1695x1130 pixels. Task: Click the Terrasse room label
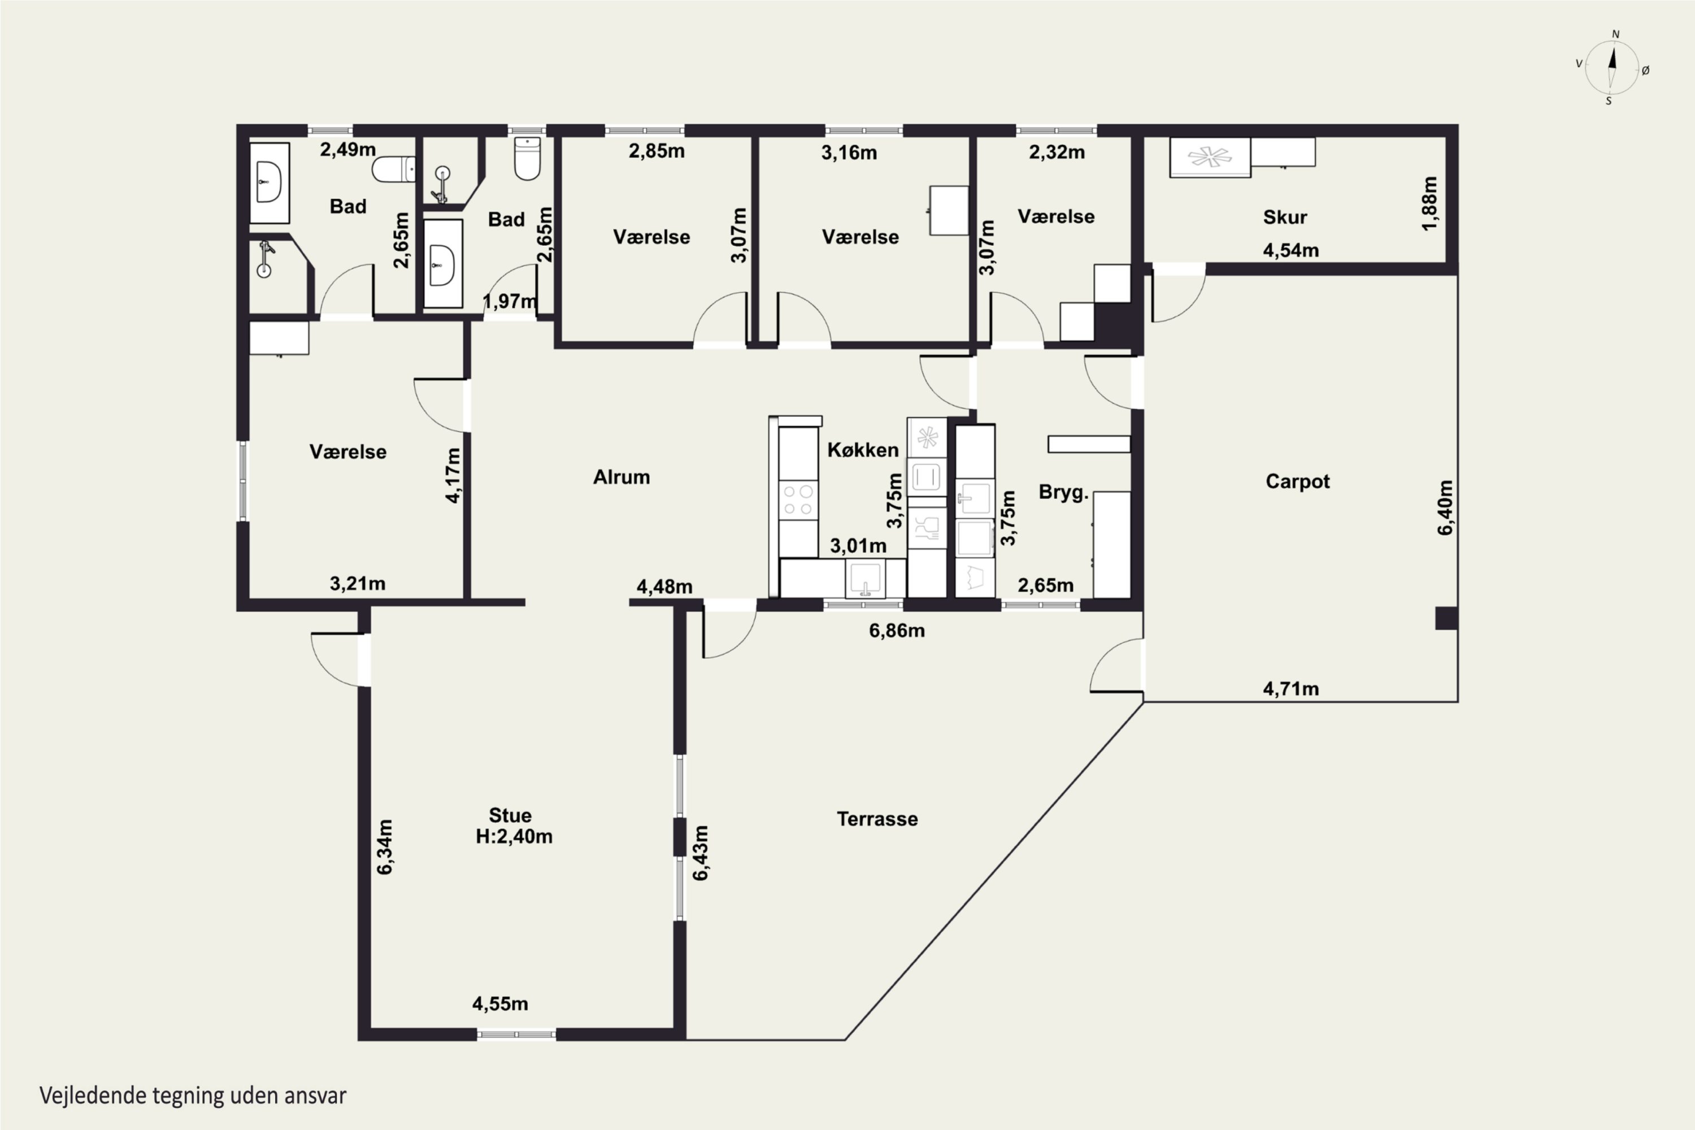click(877, 819)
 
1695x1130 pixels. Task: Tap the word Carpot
click(1297, 481)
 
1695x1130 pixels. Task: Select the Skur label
click(1285, 217)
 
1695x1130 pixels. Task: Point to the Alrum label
click(621, 477)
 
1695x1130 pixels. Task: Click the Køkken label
click(863, 450)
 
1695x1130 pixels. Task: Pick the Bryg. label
click(1063, 493)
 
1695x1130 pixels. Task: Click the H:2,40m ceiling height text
click(514, 837)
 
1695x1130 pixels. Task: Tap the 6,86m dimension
click(897, 631)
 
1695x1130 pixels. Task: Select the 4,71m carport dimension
click(1290, 689)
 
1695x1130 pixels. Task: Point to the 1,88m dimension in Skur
click(1430, 203)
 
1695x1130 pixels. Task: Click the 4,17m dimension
click(453, 476)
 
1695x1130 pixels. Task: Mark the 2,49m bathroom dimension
click(347, 149)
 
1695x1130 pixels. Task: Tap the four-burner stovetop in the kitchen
click(798, 500)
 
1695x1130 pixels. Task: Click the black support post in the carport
click(1446, 618)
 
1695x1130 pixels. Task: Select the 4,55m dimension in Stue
click(500, 1003)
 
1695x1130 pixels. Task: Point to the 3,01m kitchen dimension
click(858, 546)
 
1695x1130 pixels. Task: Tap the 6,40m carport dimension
click(1446, 507)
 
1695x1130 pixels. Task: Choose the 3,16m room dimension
click(849, 152)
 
